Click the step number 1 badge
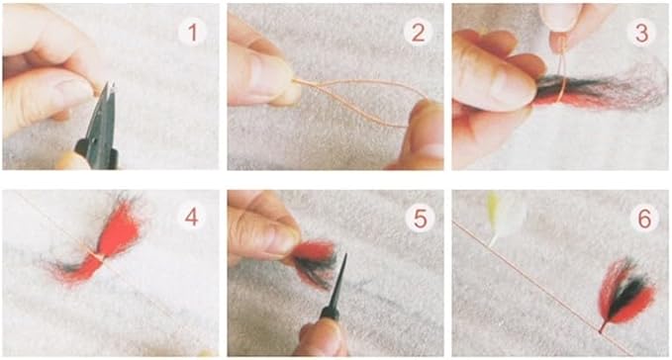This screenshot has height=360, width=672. (192, 32)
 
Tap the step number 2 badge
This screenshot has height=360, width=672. (418, 32)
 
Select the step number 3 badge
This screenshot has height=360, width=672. (641, 32)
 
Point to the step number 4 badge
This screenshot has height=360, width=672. (192, 218)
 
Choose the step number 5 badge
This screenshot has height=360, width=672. (420, 219)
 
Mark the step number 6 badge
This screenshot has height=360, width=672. (644, 219)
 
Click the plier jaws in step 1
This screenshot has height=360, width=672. (105, 112)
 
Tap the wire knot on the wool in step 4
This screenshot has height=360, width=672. (96, 257)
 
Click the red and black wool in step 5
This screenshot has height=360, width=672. (314, 262)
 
